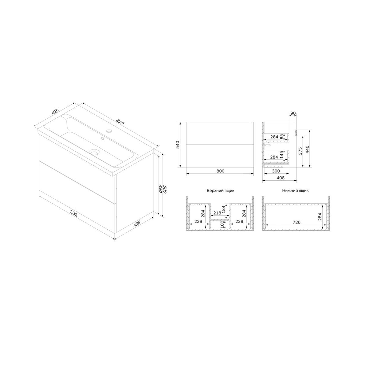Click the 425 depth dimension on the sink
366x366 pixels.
coord(56,112)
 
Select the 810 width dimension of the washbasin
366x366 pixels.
coord(120,122)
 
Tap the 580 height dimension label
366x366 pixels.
coord(164,189)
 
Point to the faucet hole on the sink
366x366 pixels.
coord(109,131)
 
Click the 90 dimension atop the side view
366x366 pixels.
coord(293,113)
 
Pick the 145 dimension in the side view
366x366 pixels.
coord(282,155)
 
